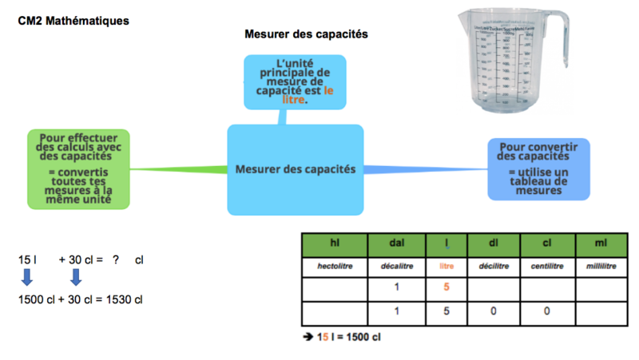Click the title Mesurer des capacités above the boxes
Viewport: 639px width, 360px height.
coord(305,34)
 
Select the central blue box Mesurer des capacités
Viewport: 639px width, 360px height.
coord(296,169)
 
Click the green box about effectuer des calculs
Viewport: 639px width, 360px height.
coord(77,169)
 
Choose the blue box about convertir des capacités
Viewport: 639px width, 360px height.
coord(538,169)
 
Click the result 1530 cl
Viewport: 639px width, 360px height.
coord(125,299)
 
